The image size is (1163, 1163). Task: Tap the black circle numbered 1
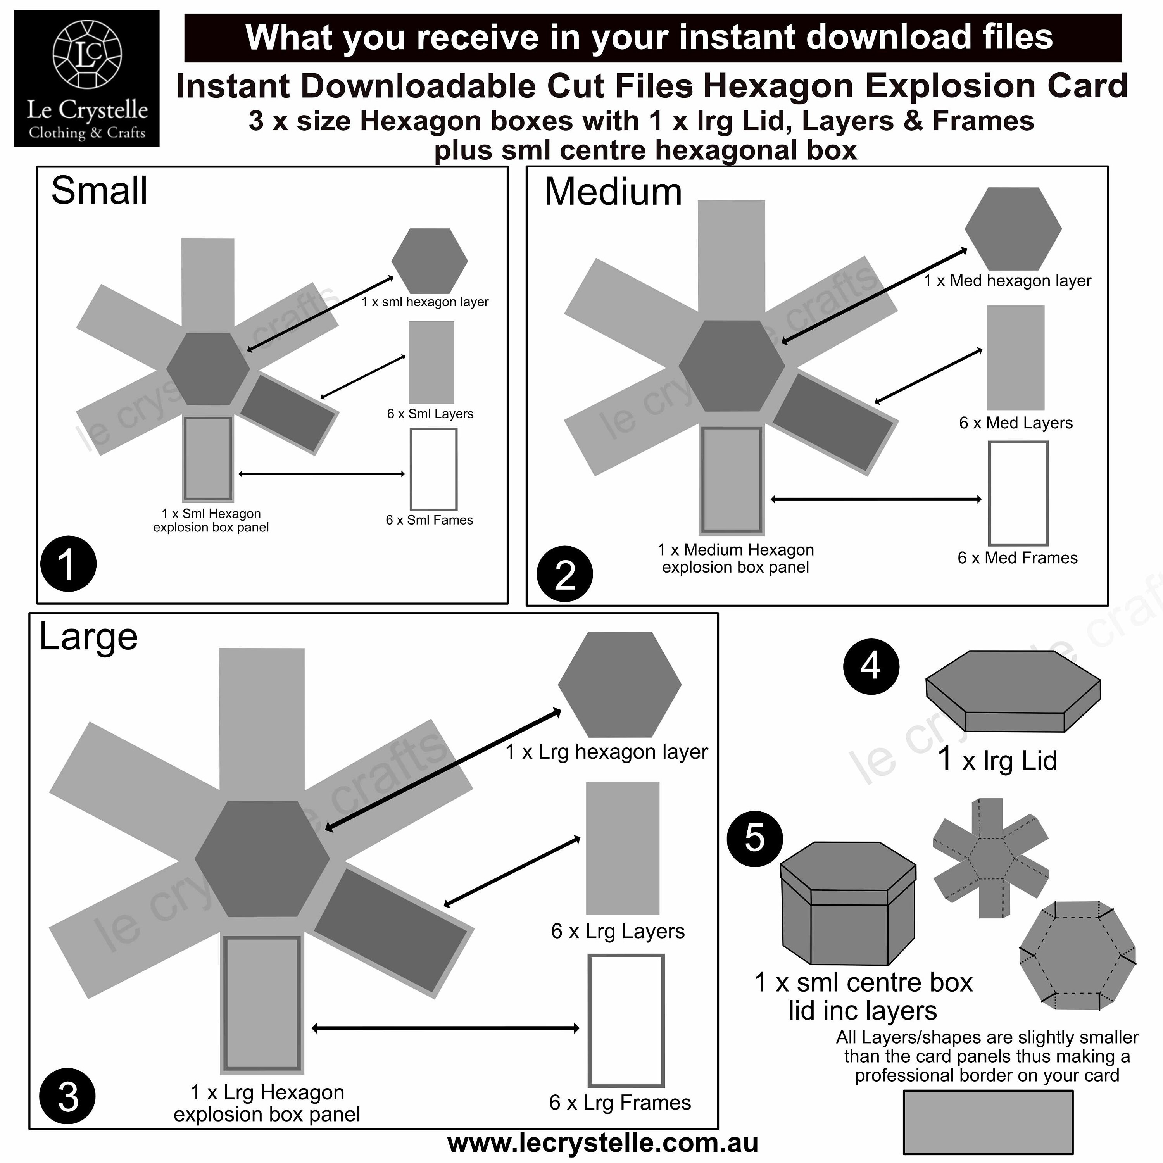click(x=68, y=563)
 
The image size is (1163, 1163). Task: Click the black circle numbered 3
click(x=67, y=1096)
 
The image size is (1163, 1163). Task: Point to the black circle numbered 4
click(x=871, y=666)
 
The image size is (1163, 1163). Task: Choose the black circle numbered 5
click(x=755, y=839)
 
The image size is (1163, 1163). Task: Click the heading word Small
click(x=99, y=191)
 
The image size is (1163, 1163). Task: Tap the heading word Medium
click(x=613, y=193)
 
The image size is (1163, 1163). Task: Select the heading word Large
click(x=88, y=637)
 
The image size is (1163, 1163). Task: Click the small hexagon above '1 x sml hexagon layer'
click(x=429, y=261)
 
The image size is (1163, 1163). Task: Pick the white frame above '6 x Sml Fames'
click(x=433, y=469)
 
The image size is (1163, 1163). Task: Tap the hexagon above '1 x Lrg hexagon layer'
click(x=619, y=685)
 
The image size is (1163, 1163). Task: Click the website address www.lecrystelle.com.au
click(x=602, y=1143)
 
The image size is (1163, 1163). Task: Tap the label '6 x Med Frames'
click(x=1017, y=557)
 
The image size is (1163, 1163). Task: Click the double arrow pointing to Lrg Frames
click(x=445, y=1028)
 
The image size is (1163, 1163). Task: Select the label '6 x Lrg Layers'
click(x=618, y=931)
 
